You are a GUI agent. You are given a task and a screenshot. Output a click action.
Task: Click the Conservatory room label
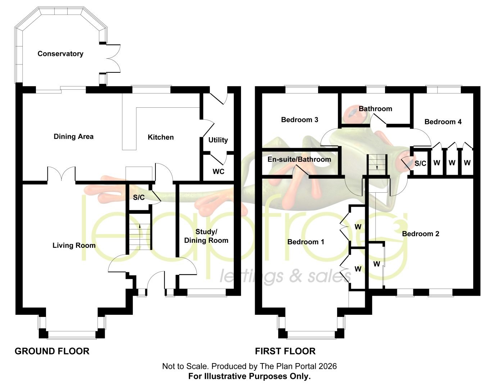(x=60, y=54)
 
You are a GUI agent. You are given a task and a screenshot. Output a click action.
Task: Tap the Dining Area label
(x=73, y=137)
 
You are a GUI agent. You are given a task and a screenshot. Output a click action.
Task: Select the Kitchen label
(x=161, y=137)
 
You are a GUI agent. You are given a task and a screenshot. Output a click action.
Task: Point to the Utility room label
(x=218, y=140)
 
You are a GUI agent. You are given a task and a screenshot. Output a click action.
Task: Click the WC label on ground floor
(x=218, y=171)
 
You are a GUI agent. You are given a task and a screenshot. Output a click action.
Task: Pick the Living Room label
(x=74, y=245)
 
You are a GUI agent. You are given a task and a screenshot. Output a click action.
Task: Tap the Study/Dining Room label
(x=206, y=236)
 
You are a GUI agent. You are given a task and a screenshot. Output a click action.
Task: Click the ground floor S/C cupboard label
(x=139, y=197)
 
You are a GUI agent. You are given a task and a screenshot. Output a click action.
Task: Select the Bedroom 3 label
(x=300, y=120)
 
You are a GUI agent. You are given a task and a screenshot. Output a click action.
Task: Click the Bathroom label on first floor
(x=375, y=109)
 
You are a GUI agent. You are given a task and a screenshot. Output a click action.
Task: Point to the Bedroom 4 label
(x=443, y=122)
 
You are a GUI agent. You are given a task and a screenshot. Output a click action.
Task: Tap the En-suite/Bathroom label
(x=299, y=159)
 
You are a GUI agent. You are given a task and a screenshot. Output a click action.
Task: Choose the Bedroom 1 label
(x=305, y=242)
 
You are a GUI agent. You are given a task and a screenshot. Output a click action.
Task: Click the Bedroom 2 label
(x=421, y=234)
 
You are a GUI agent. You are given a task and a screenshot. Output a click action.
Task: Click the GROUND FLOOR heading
(x=52, y=351)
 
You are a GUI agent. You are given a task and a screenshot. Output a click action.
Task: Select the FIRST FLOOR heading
(x=285, y=351)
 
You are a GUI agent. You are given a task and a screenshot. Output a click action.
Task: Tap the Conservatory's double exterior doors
(x=113, y=58)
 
